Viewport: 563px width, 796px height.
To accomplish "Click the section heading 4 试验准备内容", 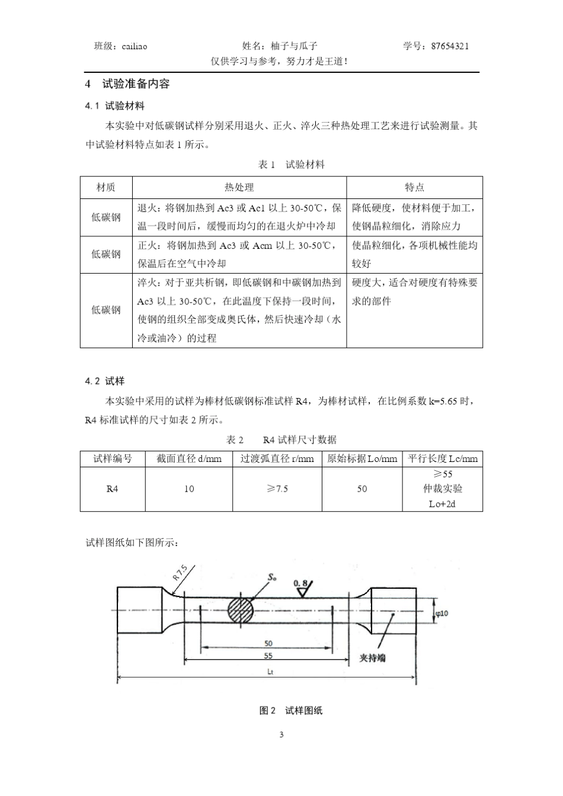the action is (127, 84).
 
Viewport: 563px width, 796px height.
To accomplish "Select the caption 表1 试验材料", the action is (292, 164).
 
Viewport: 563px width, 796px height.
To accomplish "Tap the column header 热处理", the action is (239, 187).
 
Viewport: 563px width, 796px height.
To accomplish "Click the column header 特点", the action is (414, 187).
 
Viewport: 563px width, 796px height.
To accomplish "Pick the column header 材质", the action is (106, 187).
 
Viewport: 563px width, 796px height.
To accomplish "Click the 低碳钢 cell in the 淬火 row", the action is (106, 310).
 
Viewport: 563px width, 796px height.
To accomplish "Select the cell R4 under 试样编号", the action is (113, 489).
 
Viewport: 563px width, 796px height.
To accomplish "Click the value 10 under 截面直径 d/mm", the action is (189, 489).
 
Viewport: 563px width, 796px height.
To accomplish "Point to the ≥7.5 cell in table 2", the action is (277, 489).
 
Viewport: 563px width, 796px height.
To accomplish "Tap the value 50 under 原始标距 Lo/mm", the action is (362, 489).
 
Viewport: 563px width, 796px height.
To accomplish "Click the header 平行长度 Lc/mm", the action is (442, 458).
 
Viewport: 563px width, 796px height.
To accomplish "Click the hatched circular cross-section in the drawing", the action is (241, 609).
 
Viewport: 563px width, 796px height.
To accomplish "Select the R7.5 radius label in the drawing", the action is (180, 573).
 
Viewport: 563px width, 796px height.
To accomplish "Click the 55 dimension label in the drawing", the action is (268, 656).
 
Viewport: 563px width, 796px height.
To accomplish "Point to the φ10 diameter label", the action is (442, 614).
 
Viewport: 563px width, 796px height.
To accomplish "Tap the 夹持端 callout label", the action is (373, 657).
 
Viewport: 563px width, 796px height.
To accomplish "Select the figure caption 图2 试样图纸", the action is (291, 710).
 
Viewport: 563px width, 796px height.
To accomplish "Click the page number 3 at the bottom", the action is (281, 735).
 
